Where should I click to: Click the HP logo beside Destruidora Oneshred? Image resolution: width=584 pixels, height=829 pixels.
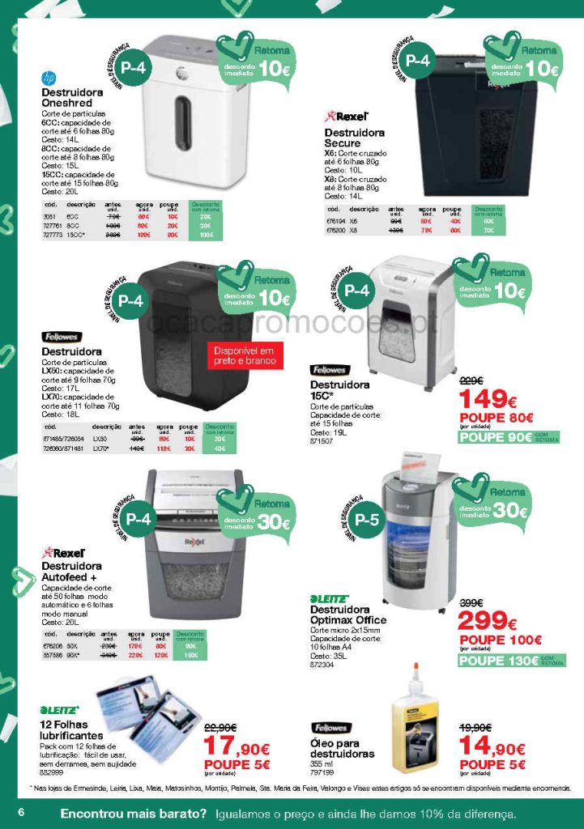[49, 79]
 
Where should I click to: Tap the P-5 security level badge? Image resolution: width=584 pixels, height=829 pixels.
[367, 519]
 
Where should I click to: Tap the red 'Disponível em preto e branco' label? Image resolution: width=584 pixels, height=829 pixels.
[245, 356]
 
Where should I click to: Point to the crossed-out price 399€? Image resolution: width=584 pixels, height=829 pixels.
[471, 603]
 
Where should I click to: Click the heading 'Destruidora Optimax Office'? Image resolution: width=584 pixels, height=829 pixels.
[349, 614]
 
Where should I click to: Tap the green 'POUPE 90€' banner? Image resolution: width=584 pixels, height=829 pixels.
[495, 437]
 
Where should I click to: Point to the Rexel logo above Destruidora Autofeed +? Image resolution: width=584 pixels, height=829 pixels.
[63, 553]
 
